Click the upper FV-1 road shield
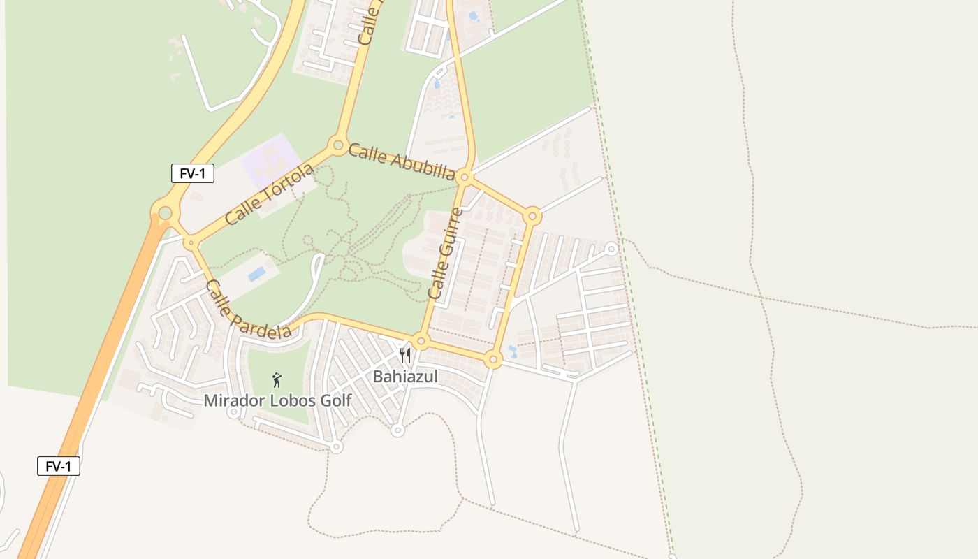pos(192,173)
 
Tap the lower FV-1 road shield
pos(59,466)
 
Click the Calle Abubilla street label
pos(402,161)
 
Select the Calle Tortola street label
pos(270,194)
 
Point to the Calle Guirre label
pos(446,258)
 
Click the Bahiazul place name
pos(405,377)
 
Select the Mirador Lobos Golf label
pos(277,400)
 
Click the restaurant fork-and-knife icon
pos(405,356)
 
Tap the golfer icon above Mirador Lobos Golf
pos(277,380)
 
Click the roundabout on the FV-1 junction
pos(165,212)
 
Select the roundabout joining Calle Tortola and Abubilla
pos(338,146)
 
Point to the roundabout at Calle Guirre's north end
pos(465,177)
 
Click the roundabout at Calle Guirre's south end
pos(421,342)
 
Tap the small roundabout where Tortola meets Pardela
pos(191,243)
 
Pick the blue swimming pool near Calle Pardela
pos(256,273)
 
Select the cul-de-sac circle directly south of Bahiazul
pos(397,430)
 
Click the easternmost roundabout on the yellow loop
pos(532,217)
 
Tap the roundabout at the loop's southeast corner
pos(493,361)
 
